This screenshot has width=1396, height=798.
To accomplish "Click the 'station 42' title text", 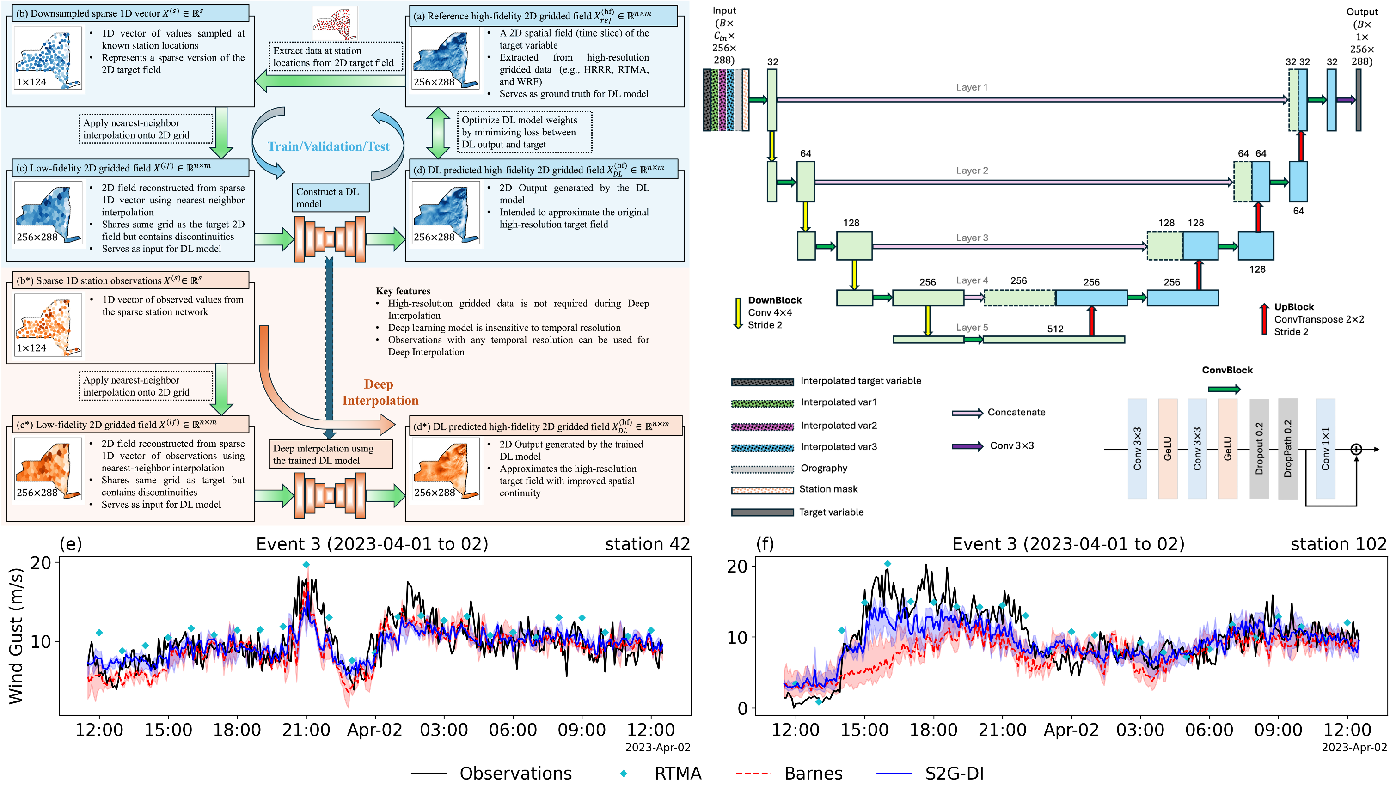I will [x=647, y=544].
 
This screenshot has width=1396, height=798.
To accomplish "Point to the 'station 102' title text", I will [x=1338, y=544].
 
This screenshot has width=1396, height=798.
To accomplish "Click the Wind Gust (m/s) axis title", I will [x=17, y=636].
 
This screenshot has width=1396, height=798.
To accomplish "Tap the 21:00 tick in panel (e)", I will [x=306, y=730].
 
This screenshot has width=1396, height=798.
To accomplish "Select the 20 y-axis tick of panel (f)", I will [x=737, y=567].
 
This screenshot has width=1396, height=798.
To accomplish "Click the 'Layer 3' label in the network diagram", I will [x=972, y=238].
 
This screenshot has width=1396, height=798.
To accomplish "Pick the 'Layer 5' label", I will [x=972, y=327].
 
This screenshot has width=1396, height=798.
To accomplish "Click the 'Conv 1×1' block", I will [x=1325, y=448].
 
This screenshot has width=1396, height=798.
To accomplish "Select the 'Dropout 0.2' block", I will [x=1259, y=448].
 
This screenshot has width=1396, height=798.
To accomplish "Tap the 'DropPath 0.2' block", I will [x=1287, y=448].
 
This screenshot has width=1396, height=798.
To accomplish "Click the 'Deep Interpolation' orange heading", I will [x=380, y=392].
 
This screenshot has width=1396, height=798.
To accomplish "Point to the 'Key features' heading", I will [x=403, y=291].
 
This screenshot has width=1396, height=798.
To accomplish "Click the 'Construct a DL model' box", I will [x=330, y=198].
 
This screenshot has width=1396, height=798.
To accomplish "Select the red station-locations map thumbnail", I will [x=335, y=24].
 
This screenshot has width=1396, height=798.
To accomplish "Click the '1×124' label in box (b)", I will [x=31, y=82].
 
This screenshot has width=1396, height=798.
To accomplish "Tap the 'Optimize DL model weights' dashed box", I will [x=525, y=132].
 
